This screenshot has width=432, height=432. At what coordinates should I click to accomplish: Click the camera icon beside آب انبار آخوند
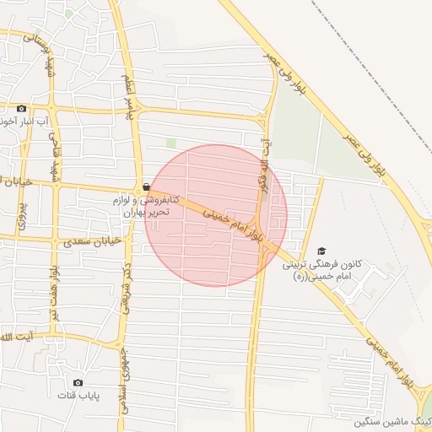pyautogui.click(x=22, y=108)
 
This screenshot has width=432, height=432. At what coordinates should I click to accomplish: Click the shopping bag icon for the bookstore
pyautogui.click(x=147, y=186)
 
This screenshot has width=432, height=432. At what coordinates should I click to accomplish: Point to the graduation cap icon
pyautogui.click(x=321, y=251)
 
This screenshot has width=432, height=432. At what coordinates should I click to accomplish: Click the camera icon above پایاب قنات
pyautogui.click(x=78, y=382)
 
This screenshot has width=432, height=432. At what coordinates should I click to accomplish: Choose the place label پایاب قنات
pyautogui.click(x=78, y=395)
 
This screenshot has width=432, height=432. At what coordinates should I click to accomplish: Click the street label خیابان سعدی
pyautogui.click(x=94, y=242)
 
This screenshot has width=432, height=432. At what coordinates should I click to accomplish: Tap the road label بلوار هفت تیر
pyautogui.click(x=54, y=292)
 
